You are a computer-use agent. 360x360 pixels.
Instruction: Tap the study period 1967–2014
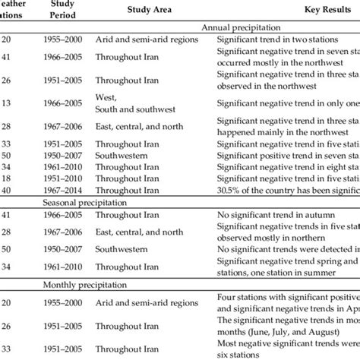pyautogui.click(x=64, y=191)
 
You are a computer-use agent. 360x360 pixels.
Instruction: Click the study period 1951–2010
pyautogui.click(x=64, y=180)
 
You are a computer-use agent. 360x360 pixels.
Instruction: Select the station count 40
pyautogui.click(x=8, y=191)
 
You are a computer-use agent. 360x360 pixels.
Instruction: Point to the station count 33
pyautogui.click(x=8, y=142)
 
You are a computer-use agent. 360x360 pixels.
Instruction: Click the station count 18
pyautogui.click(x=8, y=180)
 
